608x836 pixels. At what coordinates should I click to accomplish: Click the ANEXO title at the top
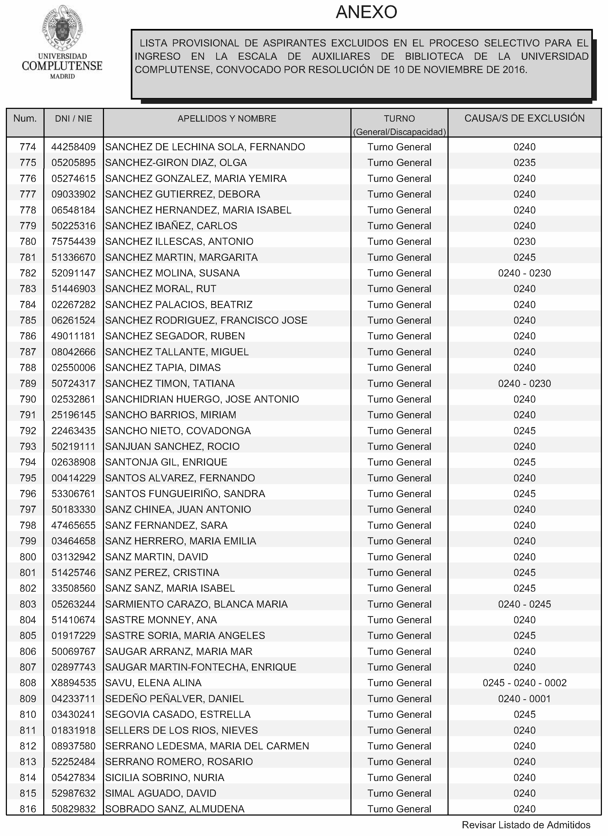(366, 12)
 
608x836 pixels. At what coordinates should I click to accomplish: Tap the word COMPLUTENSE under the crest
(62, 66)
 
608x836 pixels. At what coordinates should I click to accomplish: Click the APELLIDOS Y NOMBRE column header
(227, 119)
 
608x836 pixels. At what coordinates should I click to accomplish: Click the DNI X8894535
(74, 683)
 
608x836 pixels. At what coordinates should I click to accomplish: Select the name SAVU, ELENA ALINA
(153, 683)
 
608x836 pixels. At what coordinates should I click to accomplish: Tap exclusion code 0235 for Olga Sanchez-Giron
(524, 163)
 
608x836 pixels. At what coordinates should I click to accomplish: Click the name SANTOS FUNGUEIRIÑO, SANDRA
(185, 494)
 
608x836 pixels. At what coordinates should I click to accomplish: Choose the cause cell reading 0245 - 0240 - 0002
(524, 683)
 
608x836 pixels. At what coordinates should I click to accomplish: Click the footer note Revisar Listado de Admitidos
(526, 825)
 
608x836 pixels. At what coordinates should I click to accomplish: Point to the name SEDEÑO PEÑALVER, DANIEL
(174, 698)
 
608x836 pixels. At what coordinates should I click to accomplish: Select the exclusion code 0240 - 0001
(524, 698)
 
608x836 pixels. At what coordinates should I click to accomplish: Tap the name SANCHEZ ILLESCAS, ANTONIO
(179, 241)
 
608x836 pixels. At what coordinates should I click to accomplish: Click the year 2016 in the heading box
(514, 70)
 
